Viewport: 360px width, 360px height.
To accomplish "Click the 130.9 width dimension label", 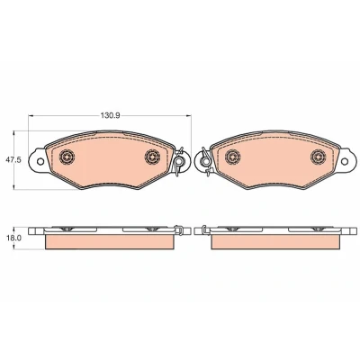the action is [110, 116].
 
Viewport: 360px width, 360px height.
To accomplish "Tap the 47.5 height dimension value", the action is [13, 160].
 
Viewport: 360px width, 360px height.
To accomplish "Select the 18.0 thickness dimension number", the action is [13, 238].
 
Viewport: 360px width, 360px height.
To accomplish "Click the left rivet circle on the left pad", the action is [67, 157].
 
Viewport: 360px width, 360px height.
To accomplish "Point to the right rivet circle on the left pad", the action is [152, 157].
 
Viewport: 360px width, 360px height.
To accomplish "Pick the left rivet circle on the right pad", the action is [233, 157].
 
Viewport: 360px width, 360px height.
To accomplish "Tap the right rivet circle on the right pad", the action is [319, 157].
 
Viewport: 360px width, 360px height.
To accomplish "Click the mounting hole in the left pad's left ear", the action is [40, 161].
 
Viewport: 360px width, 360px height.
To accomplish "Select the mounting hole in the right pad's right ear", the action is [345, 161].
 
